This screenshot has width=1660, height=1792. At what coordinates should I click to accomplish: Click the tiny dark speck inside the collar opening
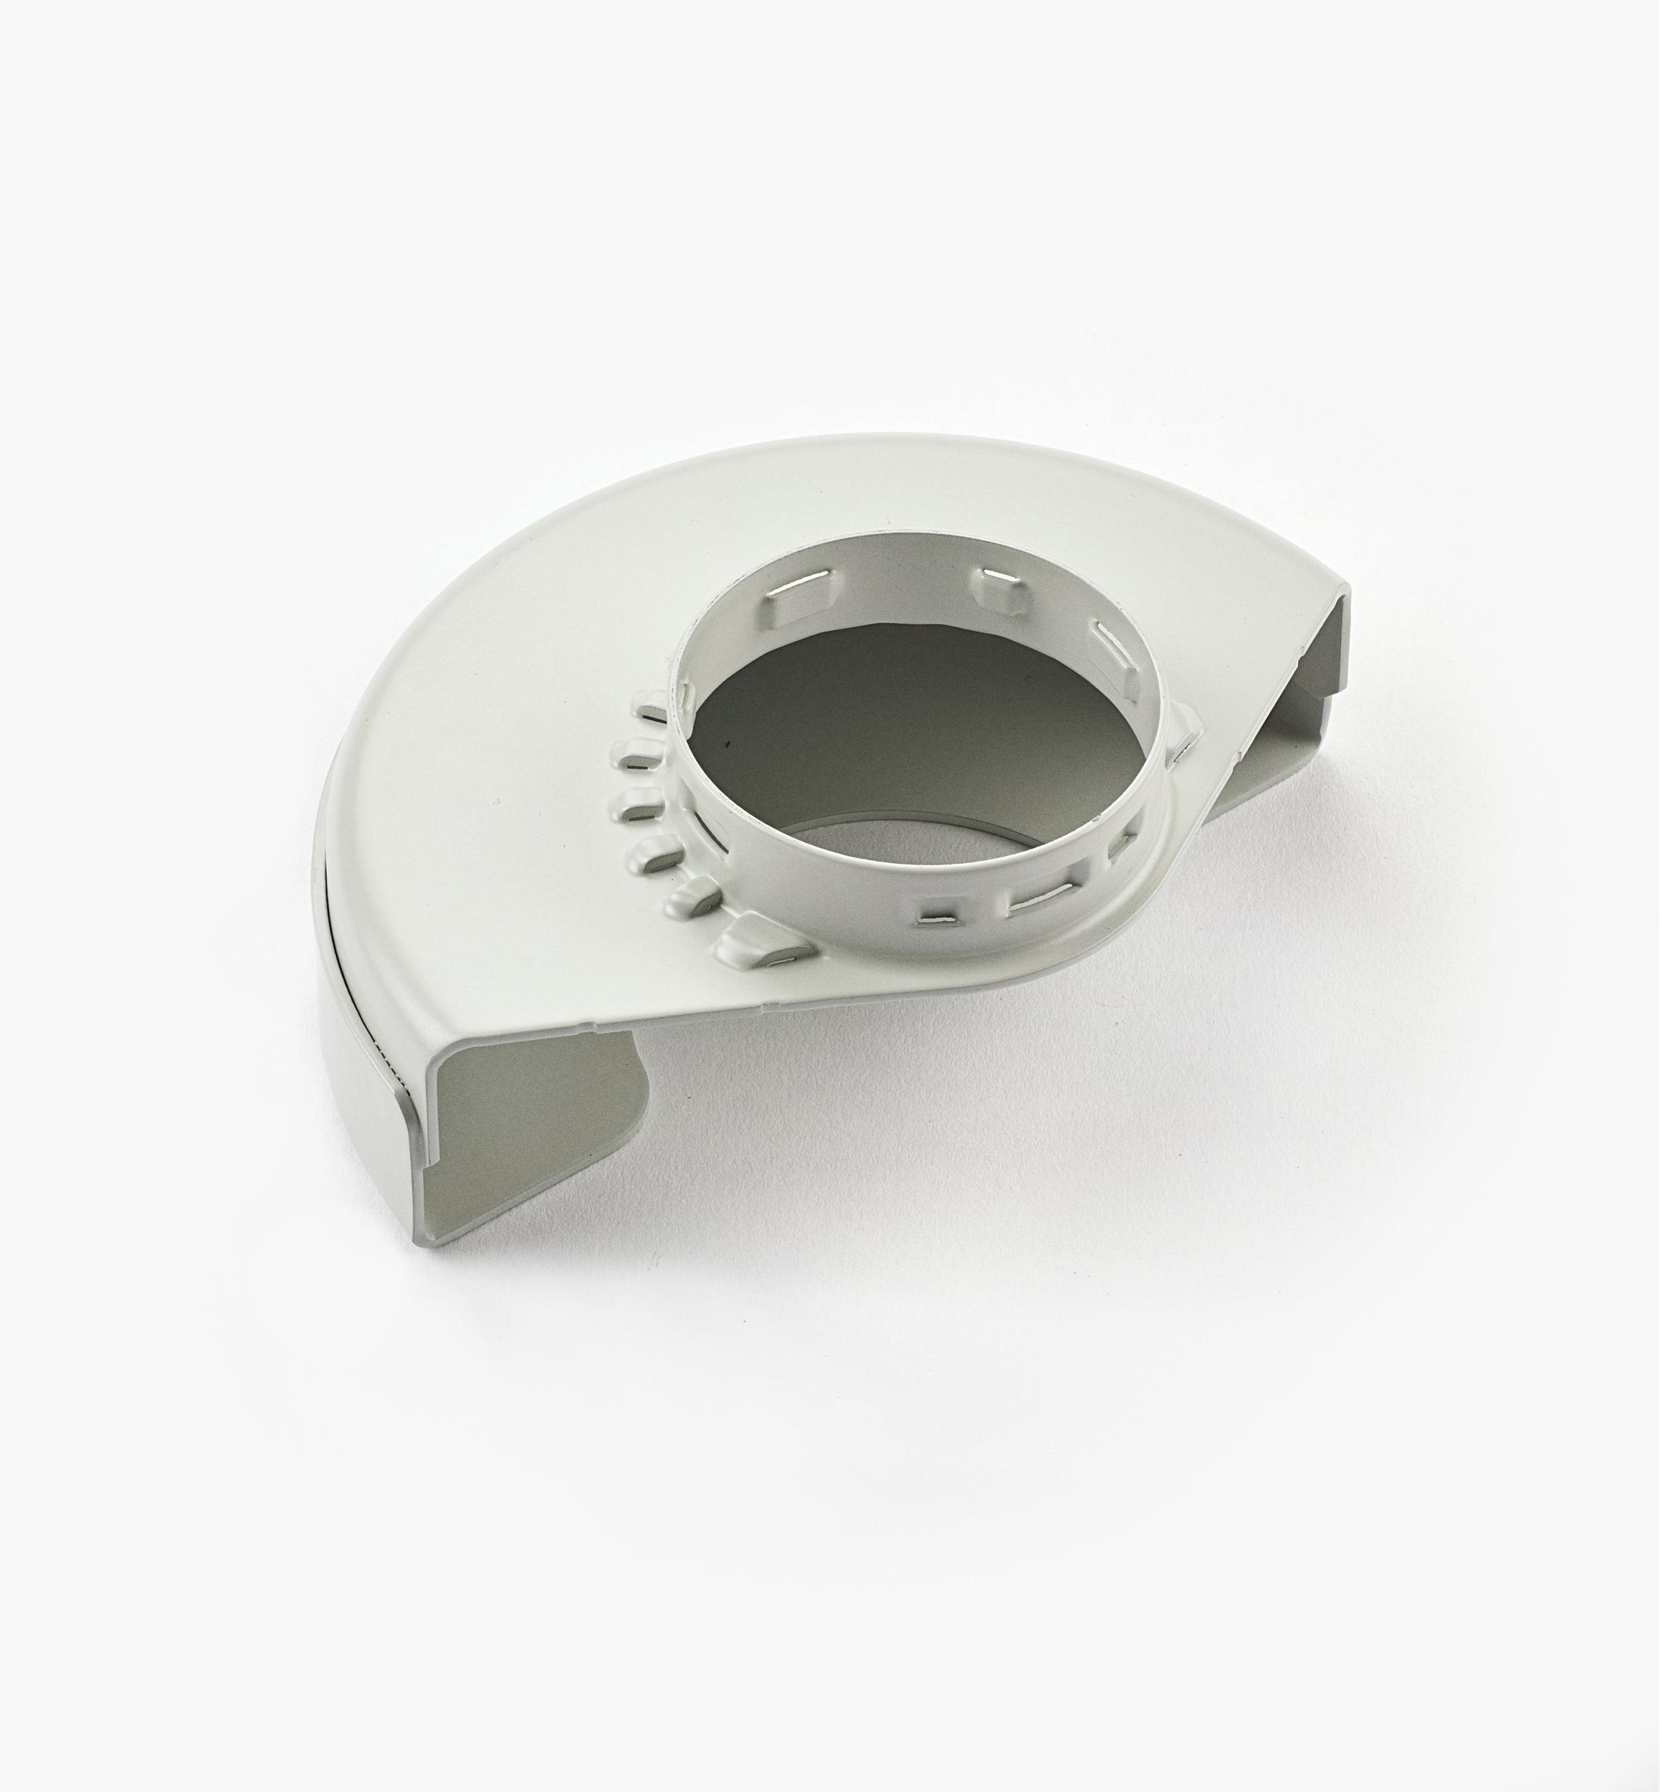pyautogui.click(x=724, y=745)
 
